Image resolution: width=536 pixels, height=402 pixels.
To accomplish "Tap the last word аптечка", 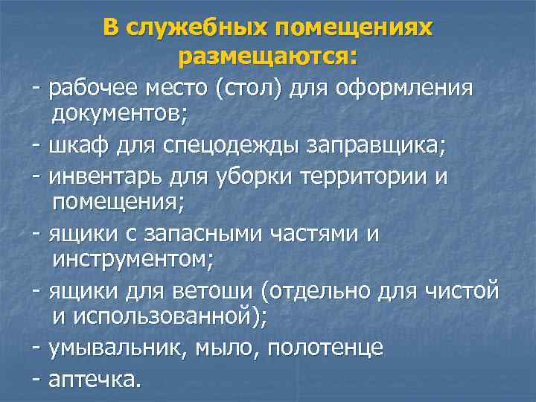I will coord(93,379).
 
